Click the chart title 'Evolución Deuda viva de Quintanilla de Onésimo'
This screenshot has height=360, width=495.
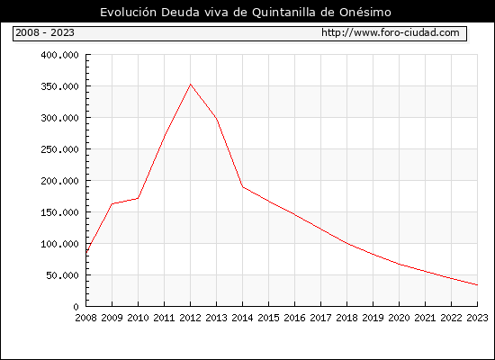click(x=246, y=13)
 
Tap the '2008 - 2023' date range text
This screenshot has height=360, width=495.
click(x=45, y=32)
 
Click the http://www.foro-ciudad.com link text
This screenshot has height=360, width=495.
click(x=391, y=32)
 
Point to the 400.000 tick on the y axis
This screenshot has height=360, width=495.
click(x=59, y=55)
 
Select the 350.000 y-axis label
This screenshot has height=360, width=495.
click(x=59, y=86)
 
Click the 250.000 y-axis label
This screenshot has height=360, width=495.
click(x=59, y=149)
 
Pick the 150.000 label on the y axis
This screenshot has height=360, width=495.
click(x=59, y=212)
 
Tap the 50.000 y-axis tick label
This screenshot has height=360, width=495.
click(x=62, y=275)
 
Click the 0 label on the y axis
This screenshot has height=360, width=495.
click(x=76, y=307)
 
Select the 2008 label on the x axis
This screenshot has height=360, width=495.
click(x=85, y=318)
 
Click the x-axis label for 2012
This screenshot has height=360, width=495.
click(x=191, y=318)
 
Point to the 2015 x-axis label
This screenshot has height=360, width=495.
click(x=269, y=318)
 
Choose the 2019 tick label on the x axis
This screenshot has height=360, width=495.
click(x=373, y=318)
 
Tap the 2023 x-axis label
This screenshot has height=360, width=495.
click(x=477, y=318)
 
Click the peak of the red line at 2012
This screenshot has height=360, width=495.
click(x=191, y=85)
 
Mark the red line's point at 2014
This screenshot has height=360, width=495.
click(x=242, y=187)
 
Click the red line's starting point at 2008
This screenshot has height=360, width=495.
click(x=86, y=253)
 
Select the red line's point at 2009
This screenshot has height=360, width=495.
click(x=112, y=203)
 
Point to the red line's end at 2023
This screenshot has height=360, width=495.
click(x=477, y=284)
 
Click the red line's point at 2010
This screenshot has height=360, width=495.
click(x=138, y=198)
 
